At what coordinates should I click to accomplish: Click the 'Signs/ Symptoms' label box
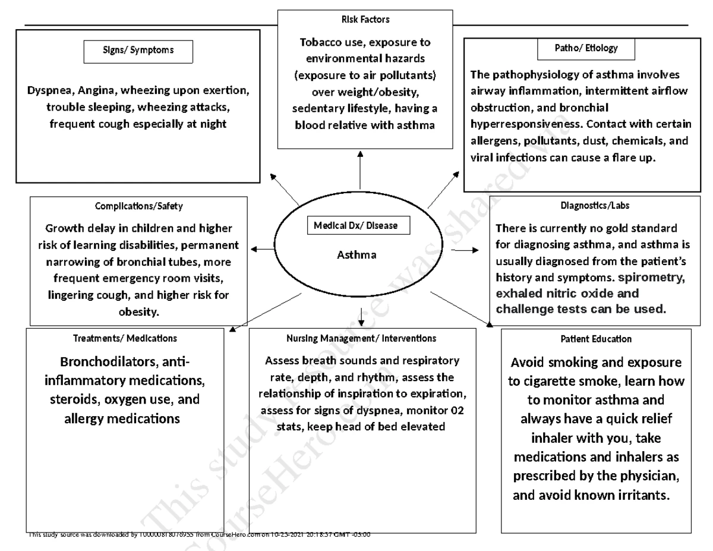138,51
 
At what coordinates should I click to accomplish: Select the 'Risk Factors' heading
365,20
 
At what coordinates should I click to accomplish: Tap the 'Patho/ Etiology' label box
586,49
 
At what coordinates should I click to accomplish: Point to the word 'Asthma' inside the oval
356,255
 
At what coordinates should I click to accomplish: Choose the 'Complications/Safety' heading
139,206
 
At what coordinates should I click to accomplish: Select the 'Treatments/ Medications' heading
125,338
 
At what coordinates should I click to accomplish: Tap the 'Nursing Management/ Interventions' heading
361,338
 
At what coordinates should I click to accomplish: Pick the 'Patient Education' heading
596,339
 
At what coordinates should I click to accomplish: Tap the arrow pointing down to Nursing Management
361,316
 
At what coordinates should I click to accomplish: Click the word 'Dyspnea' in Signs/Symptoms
47,91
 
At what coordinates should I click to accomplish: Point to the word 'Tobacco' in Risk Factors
321,43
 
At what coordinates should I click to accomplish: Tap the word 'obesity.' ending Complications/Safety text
139,311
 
